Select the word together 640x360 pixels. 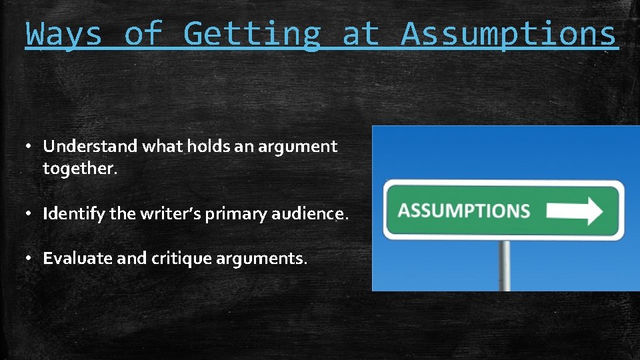[79, 169]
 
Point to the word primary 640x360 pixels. [231, 214]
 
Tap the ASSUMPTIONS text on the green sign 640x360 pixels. [464, 211]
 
